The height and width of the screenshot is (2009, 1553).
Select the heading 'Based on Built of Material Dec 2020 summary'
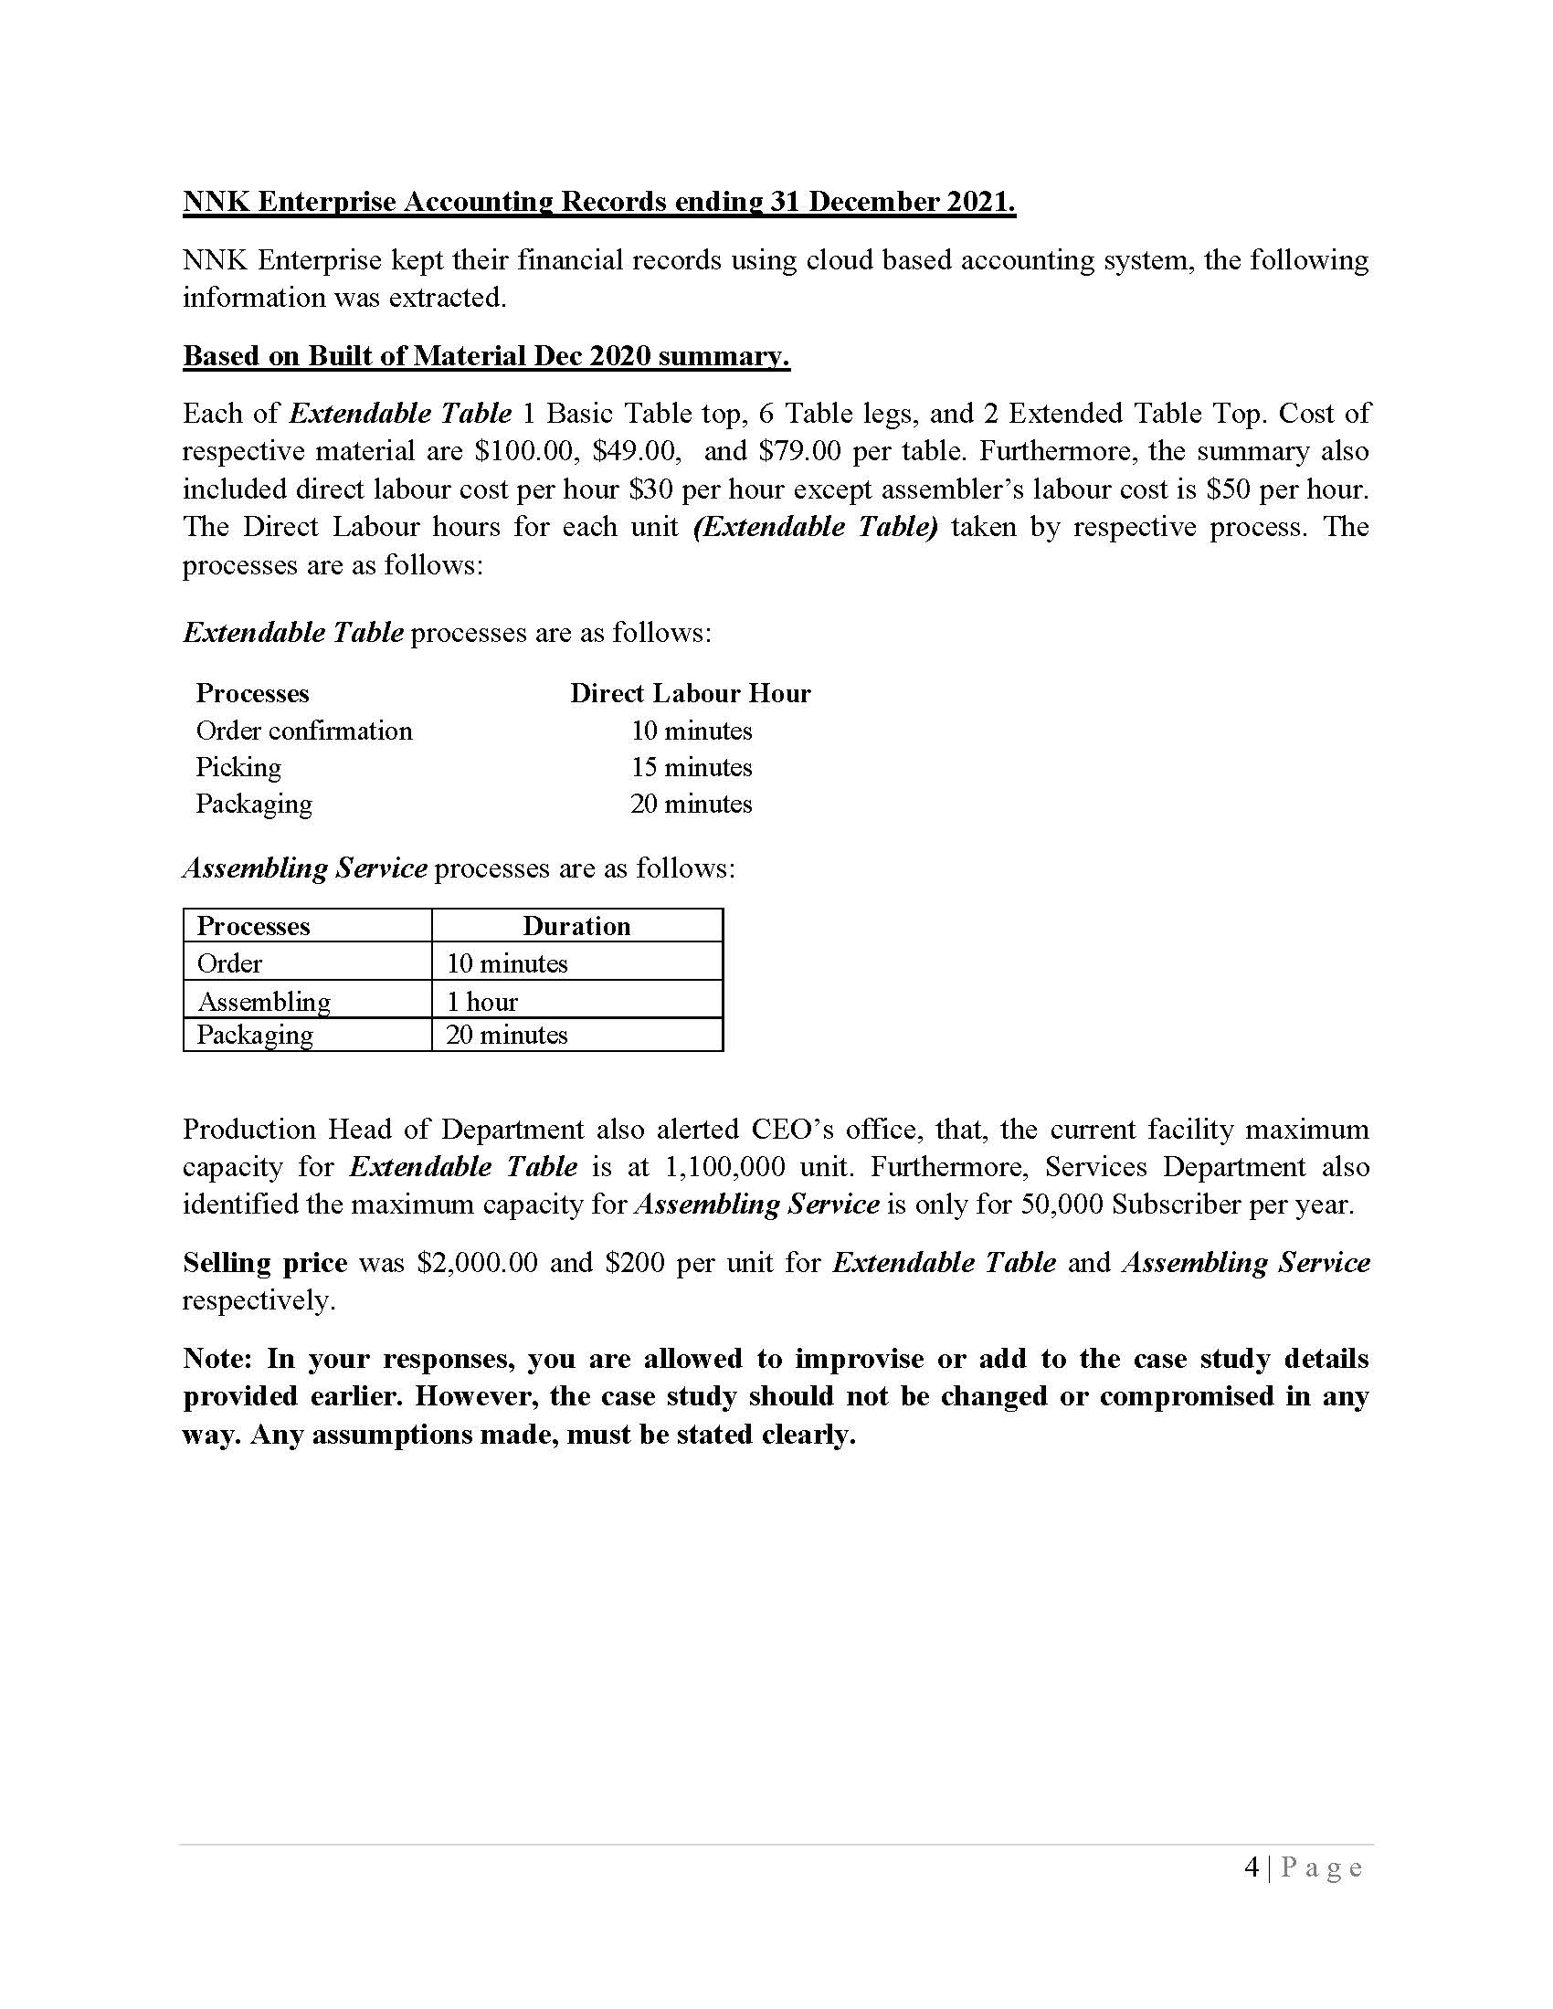[x=486, y=356]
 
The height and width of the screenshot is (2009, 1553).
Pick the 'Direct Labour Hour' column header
[x=690, y=694]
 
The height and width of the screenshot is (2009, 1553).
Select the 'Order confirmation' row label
[x=303, y=731]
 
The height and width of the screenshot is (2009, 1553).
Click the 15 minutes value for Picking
[x=691, y=767]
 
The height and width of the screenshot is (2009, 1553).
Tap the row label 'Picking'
[x=238, y=767]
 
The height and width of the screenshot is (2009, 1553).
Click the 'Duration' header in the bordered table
[x=576, y=926]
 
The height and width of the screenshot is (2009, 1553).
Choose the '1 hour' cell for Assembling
[x=482, y=1002]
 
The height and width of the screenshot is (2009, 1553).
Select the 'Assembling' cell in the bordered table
[x=264, y=1002]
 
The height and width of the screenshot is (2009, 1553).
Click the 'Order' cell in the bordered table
[x=229, y=964]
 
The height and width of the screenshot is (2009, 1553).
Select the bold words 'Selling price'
[x=265, y=1263]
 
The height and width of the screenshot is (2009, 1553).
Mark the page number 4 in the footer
[x=1251, y=1868]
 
